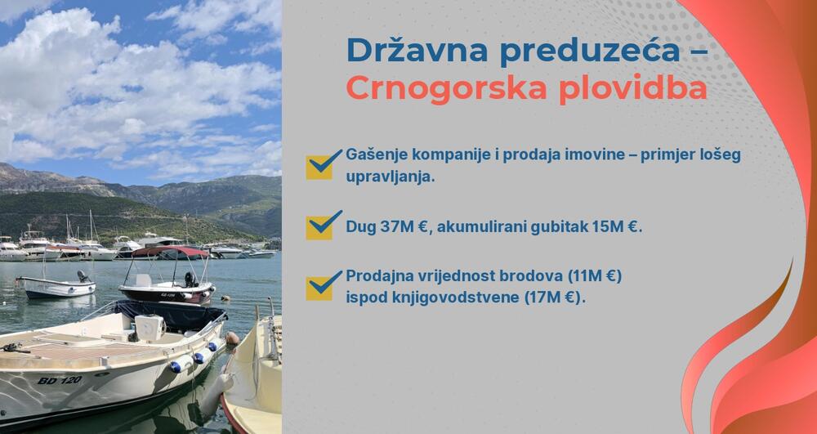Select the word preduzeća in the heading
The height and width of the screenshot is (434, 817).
[583, 50]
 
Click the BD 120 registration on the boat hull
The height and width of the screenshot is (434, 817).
[60, 380]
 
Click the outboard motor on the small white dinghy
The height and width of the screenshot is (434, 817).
[83, 277]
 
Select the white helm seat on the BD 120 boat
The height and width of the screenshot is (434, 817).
[150, 327]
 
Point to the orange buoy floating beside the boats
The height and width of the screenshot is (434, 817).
[233, 338]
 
